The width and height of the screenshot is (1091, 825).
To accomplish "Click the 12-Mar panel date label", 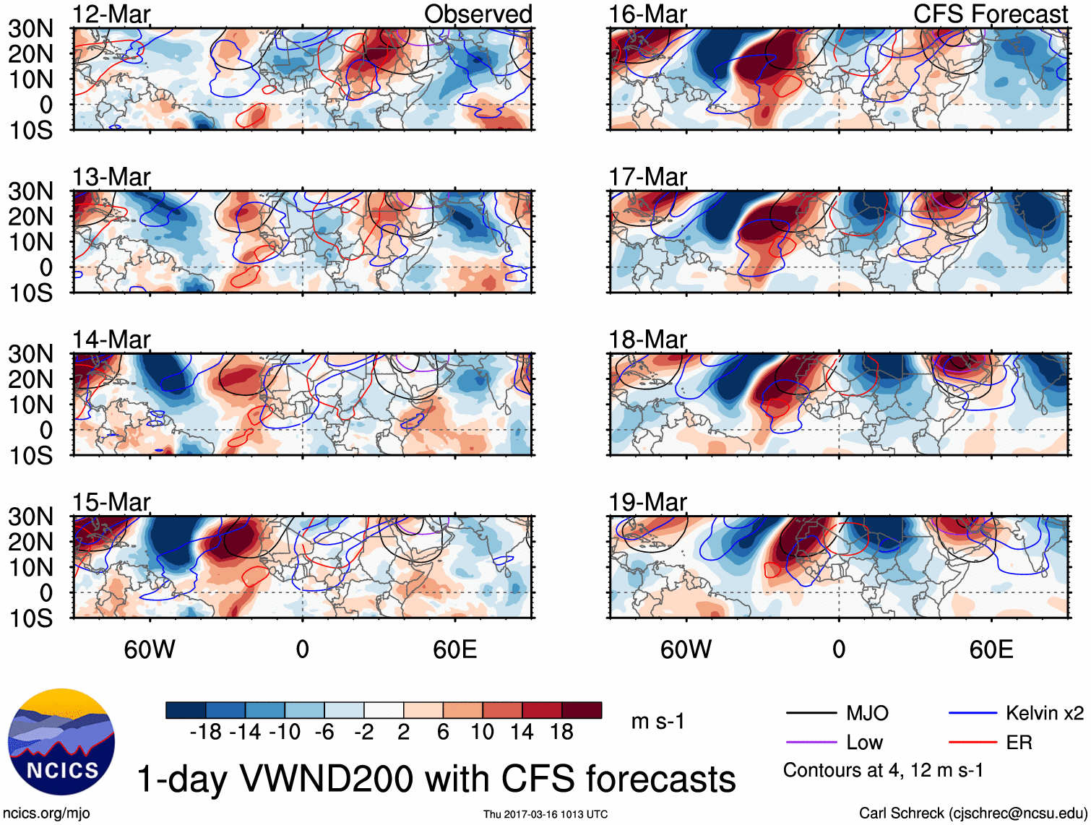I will (111, 14).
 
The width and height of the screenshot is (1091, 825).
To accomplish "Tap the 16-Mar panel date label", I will (647, 14).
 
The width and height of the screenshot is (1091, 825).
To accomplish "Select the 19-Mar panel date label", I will (647, 502).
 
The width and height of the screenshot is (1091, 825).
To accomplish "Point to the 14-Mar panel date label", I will (111, 340).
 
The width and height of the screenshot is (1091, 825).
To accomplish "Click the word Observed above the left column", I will (478, 14).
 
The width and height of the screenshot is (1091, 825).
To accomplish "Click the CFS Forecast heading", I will (991, 14).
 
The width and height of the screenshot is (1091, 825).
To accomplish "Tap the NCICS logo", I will (61, 742).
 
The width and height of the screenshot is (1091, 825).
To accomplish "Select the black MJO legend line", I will (811, 713).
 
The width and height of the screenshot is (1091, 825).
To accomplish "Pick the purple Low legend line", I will (811, 742).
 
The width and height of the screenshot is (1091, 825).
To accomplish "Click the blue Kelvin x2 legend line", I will (973, 713).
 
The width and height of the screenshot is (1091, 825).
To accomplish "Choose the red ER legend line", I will (973, 742).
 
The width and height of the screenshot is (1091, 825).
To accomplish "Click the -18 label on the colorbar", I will (206, 733).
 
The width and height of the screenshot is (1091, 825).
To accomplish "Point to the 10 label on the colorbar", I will (483, 733).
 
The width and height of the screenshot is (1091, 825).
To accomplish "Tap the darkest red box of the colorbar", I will (582, 710).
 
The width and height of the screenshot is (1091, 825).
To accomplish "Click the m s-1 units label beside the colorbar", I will (657, 722).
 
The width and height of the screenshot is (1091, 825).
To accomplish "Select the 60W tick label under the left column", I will (150, 649).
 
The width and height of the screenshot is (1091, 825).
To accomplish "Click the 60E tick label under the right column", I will (991, 649).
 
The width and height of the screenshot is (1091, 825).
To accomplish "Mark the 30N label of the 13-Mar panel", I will (30, 191).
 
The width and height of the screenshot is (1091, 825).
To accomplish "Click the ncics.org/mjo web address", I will (46, 813).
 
